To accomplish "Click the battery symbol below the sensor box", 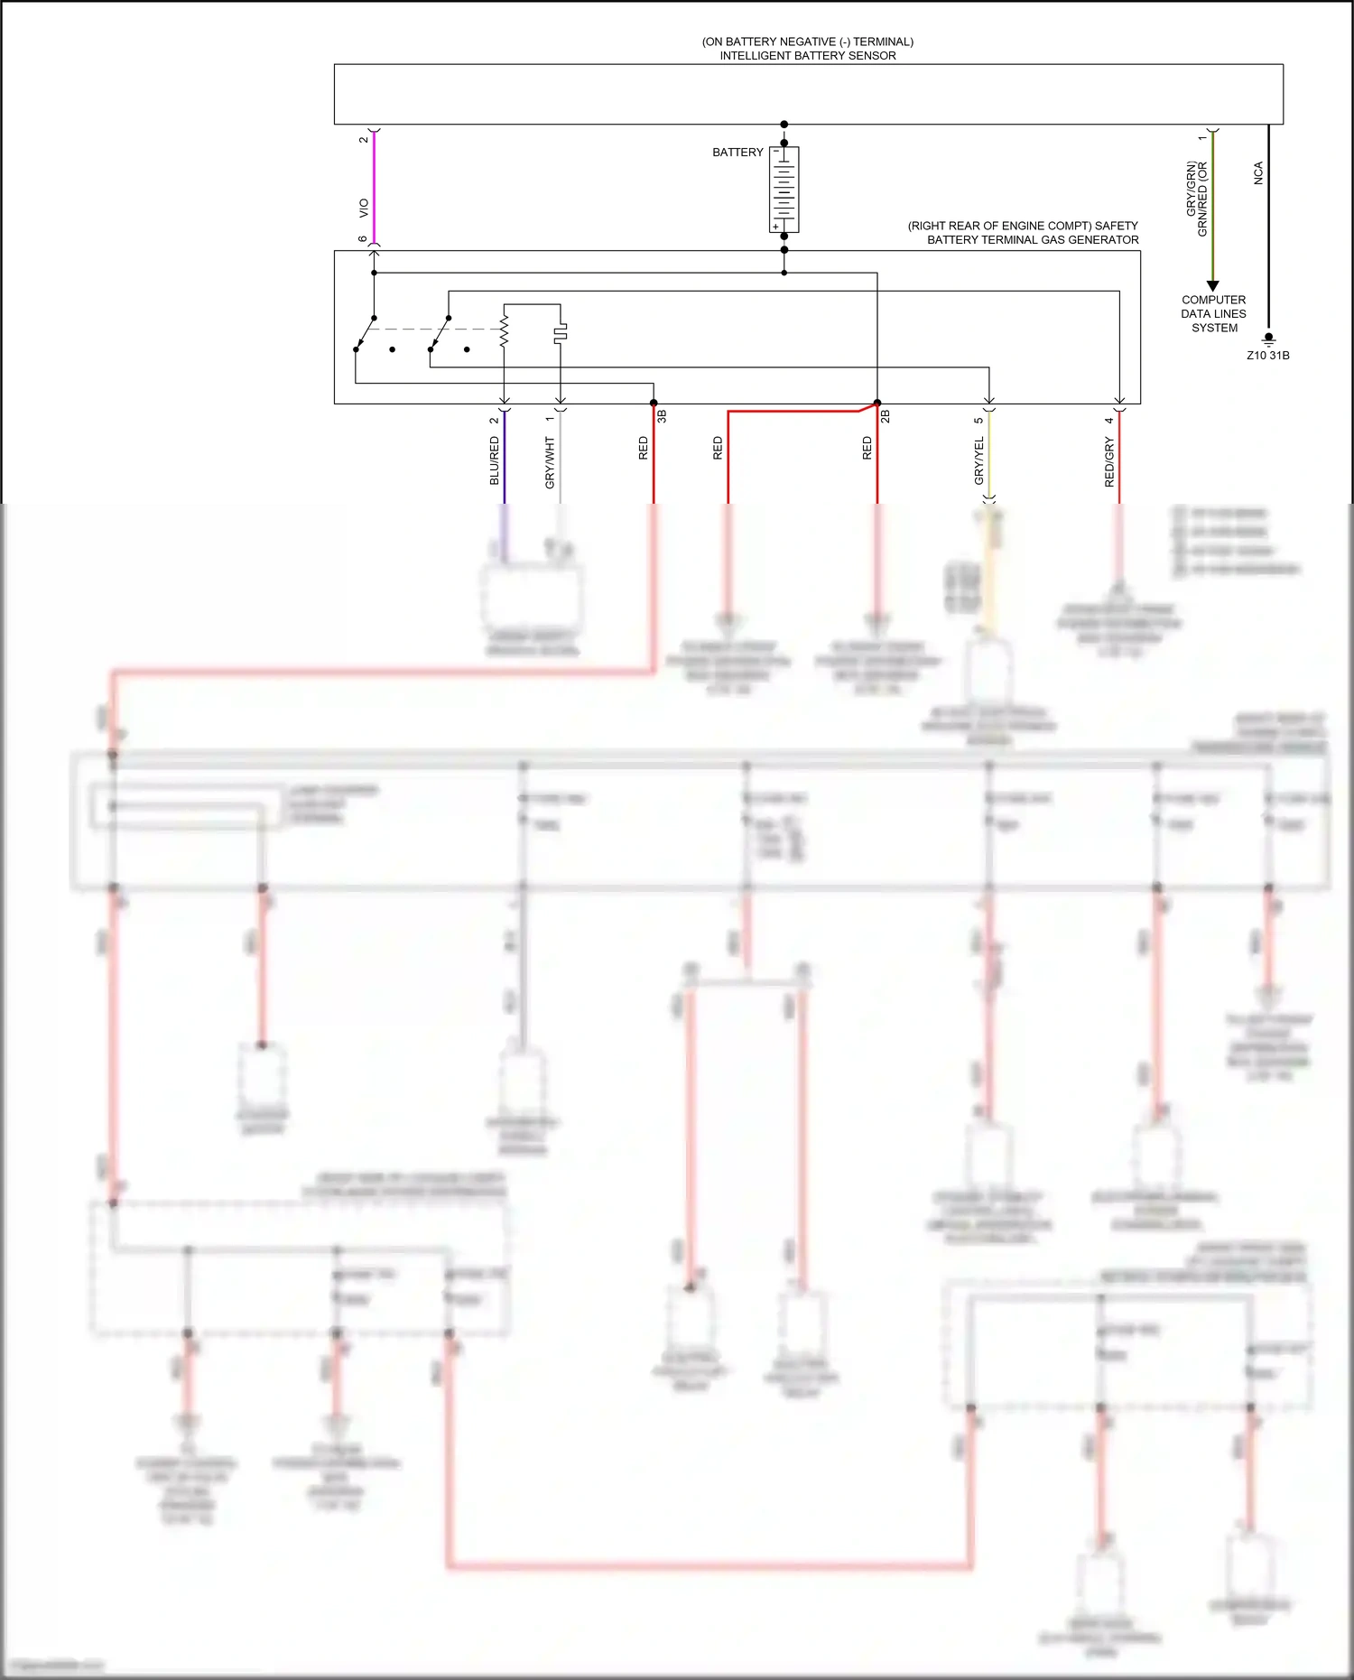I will [x=784, y=190].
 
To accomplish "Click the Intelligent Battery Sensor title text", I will [x=807, y=49].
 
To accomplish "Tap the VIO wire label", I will [x=364, y=208].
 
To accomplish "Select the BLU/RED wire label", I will [x=494, y=460].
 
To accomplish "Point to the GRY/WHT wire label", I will [x=550, y=462].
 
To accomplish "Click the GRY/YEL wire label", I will [x=978, y=460].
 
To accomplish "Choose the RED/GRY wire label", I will [x=1109, y=461].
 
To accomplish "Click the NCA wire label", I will [x=1258, y=173].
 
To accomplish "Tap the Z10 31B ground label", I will [x=1267, y=356].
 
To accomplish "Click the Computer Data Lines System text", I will [x=1213, y=313].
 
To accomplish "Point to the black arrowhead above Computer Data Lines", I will [x=1212, y=285].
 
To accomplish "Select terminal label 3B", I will [x=662, y=416].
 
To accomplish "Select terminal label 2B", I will [x=886, y=416].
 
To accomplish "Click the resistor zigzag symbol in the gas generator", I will [x=504, y=331].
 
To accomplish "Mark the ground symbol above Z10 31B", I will [x=1268, y=340].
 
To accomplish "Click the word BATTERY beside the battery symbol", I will [x=737, y=153].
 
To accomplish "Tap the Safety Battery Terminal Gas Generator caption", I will [x=1023, y=233].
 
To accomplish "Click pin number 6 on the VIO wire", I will [x=363, y=239].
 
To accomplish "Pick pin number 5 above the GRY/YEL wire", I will [x=978, y=420].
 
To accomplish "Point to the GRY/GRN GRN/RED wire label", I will [x=1196, y=199].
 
